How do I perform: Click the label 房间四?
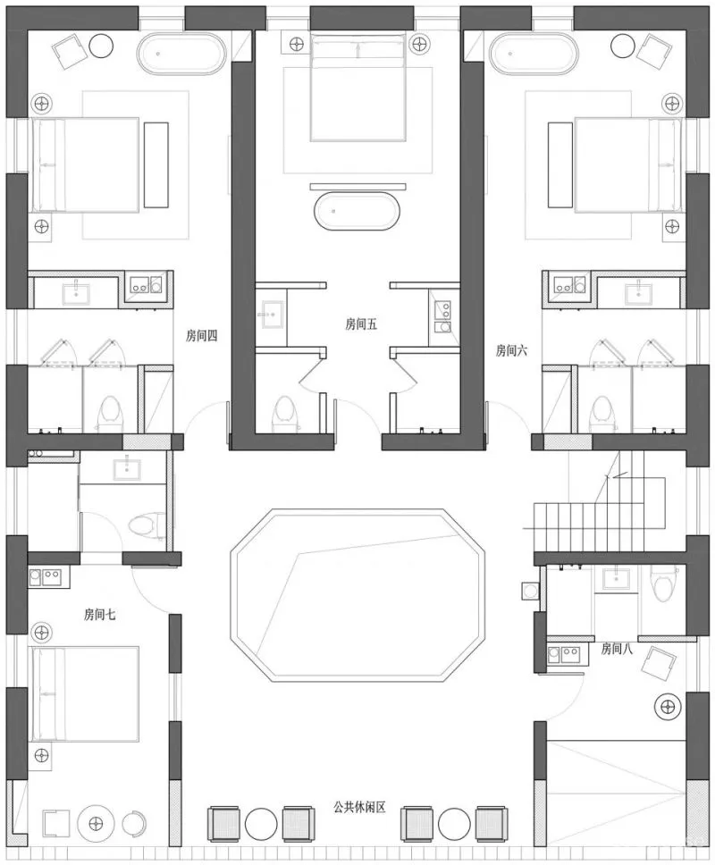(201, 335)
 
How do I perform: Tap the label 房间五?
(361, 323)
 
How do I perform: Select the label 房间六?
(511, 349)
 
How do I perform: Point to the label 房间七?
(100, 614)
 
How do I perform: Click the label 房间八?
(617, 648)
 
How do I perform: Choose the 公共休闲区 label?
(359, 807)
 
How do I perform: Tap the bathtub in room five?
(356, 211)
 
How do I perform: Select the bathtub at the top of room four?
(181, 53)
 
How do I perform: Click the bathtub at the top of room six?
(534, 53)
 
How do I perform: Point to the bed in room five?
(358, 87)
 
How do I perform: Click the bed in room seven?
(85, 694)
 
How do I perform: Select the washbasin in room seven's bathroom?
(127, 469)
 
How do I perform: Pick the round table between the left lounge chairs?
(261, 824)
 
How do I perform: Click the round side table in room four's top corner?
(101, 46)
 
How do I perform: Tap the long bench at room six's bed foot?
(560, 165)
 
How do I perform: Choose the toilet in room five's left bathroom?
(284, 413)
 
